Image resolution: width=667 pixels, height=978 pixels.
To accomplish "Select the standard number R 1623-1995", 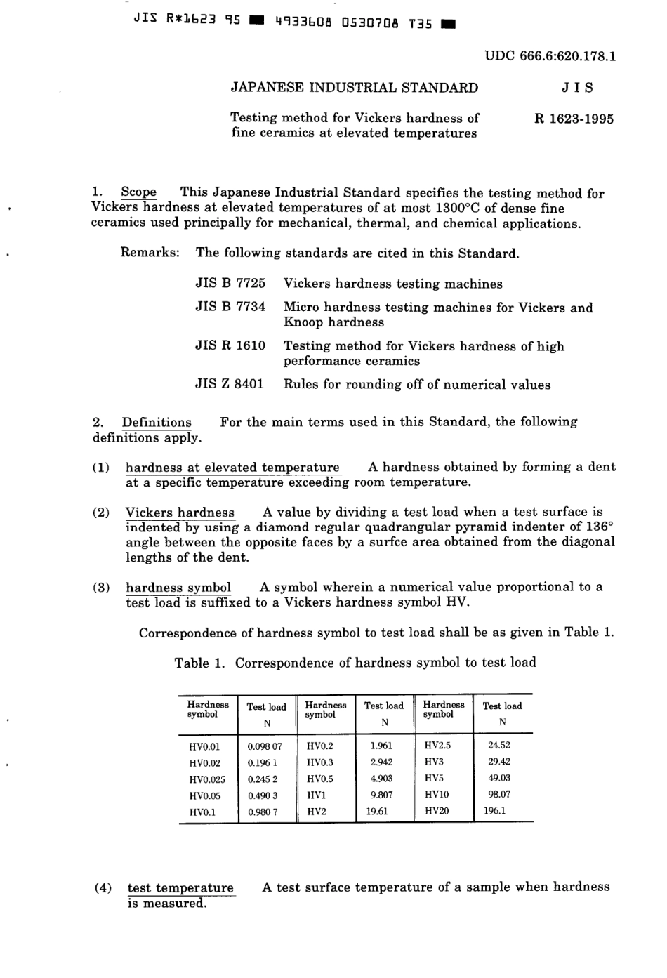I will coord(574,119).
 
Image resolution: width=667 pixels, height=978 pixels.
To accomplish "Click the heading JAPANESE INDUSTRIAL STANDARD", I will coord(355,88).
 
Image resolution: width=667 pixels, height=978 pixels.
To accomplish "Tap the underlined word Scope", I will coord(138,192).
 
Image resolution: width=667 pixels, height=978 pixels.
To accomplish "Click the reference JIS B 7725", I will coord(230,284).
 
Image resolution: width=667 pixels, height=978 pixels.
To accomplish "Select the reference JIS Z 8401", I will coord(230,384).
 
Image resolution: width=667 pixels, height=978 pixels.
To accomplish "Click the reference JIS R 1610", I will coord(230,345).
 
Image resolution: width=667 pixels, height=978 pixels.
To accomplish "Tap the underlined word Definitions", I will coord(157,422).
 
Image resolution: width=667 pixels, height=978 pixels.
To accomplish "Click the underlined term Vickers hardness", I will coord(180,512).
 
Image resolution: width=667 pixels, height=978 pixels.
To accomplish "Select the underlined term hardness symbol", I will coord(178,587).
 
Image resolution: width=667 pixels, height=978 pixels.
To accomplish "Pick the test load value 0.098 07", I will coord(265,746).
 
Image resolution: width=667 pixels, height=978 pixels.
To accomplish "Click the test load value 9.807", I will coord(381,795).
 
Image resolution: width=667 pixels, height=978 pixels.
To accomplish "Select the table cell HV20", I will coord(437,810).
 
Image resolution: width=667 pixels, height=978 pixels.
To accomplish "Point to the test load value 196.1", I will coord(495,810).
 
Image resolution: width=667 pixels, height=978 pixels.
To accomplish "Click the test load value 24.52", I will coord(499,746).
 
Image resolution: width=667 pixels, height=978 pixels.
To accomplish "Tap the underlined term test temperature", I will coord(180,887).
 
